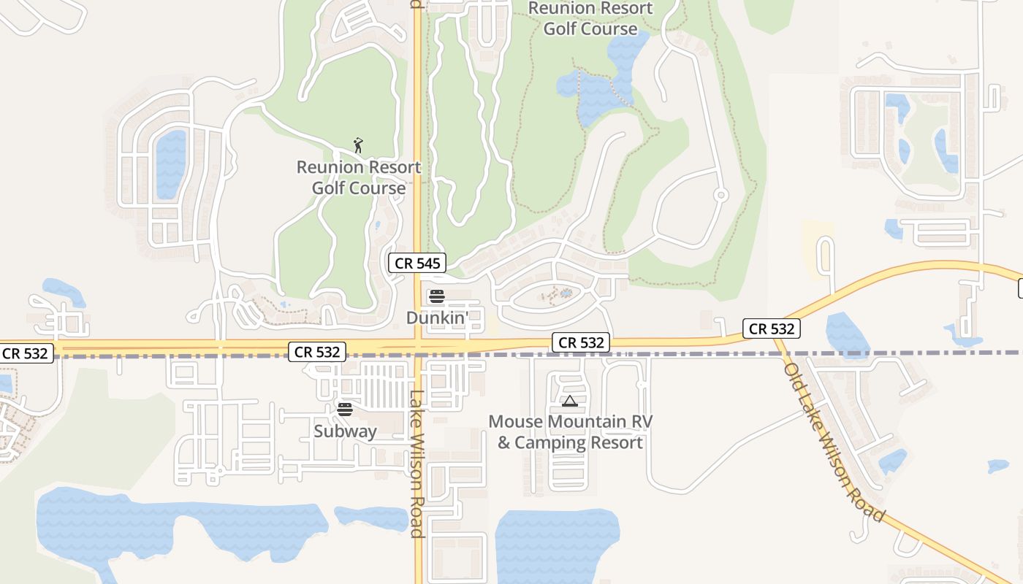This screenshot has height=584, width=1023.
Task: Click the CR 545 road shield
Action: tap(417, 264)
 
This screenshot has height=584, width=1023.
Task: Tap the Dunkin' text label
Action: tap(436, 318)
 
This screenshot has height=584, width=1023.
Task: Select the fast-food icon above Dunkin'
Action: tap(436, 296)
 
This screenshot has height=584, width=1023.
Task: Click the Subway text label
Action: tap(345, 431)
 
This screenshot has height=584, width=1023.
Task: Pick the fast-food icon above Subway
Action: tap(345, 409)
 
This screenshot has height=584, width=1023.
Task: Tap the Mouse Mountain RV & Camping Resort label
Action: tap(570, 432)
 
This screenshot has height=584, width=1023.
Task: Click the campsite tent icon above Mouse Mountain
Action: tap(570, 401)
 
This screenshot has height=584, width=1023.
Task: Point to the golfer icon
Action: tap(358, 145)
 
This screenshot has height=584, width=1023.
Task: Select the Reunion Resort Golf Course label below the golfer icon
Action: tap(359, 177)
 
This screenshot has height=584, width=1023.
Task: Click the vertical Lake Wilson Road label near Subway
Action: tap(417, 464)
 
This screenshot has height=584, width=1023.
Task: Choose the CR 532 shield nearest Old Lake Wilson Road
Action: tap(772, 328)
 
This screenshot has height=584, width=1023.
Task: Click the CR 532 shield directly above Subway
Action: tap(317, 352)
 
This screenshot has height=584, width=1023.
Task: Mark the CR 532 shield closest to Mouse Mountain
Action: tap(581, 342)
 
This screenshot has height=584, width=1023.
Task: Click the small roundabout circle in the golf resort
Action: tap(720, 195)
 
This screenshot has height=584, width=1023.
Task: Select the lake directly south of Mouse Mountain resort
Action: tap(555, 544)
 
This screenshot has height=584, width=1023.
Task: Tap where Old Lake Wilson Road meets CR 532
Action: tap(780, 341)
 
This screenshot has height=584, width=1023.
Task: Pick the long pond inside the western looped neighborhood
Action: tap(171, 164)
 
